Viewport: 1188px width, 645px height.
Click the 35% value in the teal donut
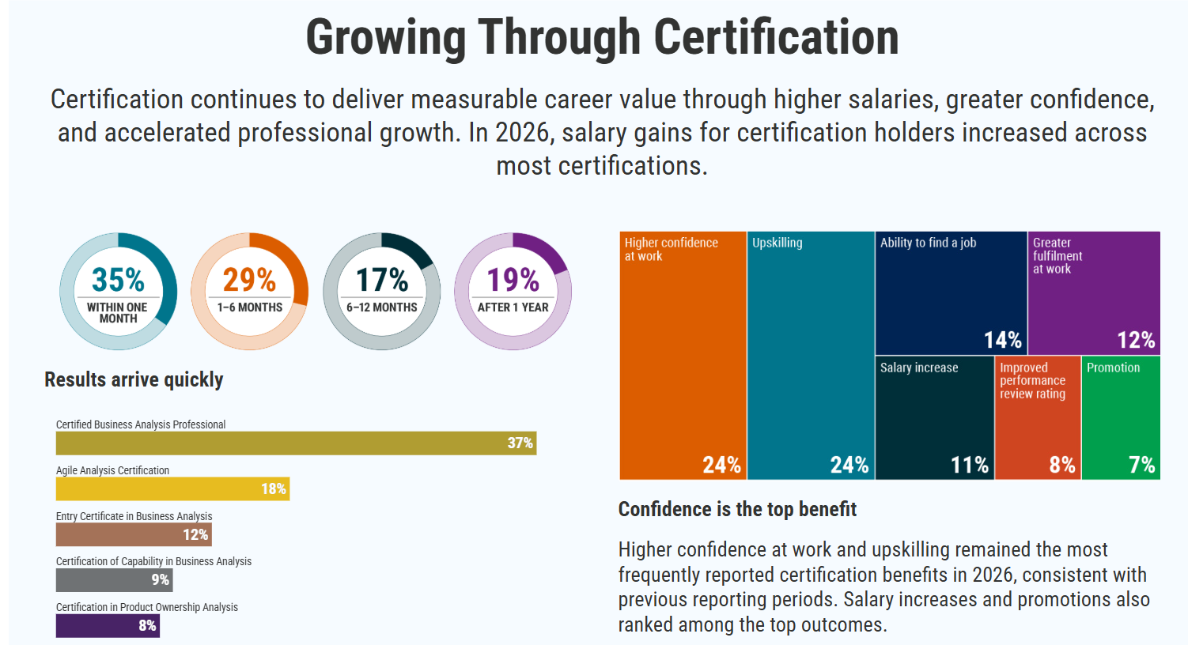pyautogui.click(x=118, y=280)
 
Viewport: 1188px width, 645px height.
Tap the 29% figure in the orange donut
pyautogui.click(x=249, y=280)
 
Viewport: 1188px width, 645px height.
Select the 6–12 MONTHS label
pyautogui.click(x=381, y=307)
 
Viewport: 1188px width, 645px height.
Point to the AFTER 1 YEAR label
pyautogui.click(x=513, y=307)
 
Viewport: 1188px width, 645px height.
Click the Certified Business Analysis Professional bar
pyautogui.click(x=296, y=443)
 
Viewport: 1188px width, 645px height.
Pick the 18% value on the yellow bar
pyautogui.click(x=274, y=488)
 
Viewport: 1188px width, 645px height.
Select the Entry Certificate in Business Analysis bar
pyautogui.click(x=134, y=534)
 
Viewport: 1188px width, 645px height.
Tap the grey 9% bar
pyautogui.click(x=114, y=580)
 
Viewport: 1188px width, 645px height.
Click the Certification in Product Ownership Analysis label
pyautogui.click(x=147, y=607)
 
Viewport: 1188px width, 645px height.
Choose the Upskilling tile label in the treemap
pyautogui.click(x=777, y=243)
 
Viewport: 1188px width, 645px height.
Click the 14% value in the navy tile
pyautogui.click(x=1002, y=340)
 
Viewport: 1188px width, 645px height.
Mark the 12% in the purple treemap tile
pyautogui.click(x=1136, y=340)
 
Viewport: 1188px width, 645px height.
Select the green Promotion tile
pyautogui.click(x=1121, y=417)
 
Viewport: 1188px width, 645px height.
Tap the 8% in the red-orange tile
pyautogui.click(x=1062, y=465)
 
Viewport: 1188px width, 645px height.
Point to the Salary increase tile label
pyautogui.click(x=919, y=368)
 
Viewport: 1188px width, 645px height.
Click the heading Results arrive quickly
pyautogui.click(x=134, y=379)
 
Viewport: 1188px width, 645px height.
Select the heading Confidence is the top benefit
pyautogui.click(x=737, y=509)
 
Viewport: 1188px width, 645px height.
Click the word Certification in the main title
pyautogui.click(x=776, y=37)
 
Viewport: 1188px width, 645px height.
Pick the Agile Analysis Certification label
pyautogui.click(x=112, y=470)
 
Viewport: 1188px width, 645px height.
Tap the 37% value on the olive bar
pyautogui.click(x=520, y=443)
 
